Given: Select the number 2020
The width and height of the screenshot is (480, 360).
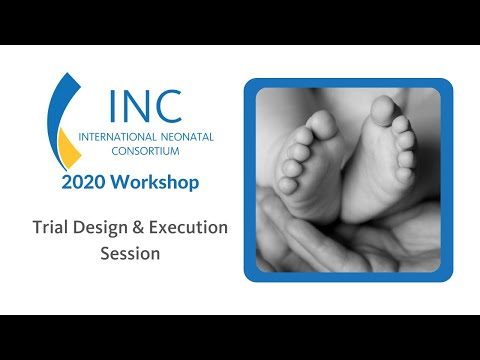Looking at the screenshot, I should click(84, 183).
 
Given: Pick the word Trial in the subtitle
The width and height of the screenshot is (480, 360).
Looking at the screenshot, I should click(53, 228).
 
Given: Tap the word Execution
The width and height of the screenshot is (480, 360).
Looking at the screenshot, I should click(191, 228).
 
